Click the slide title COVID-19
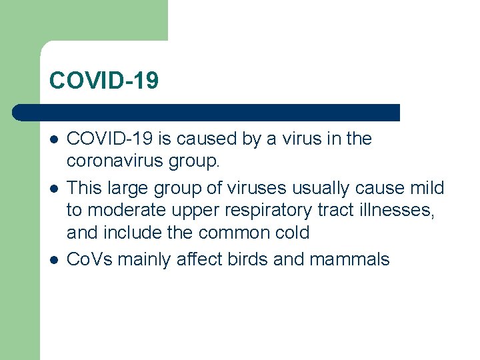pos(104,81)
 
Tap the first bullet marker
pos(53,140)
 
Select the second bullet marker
pos(53,189)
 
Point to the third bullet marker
pos(53,259)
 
